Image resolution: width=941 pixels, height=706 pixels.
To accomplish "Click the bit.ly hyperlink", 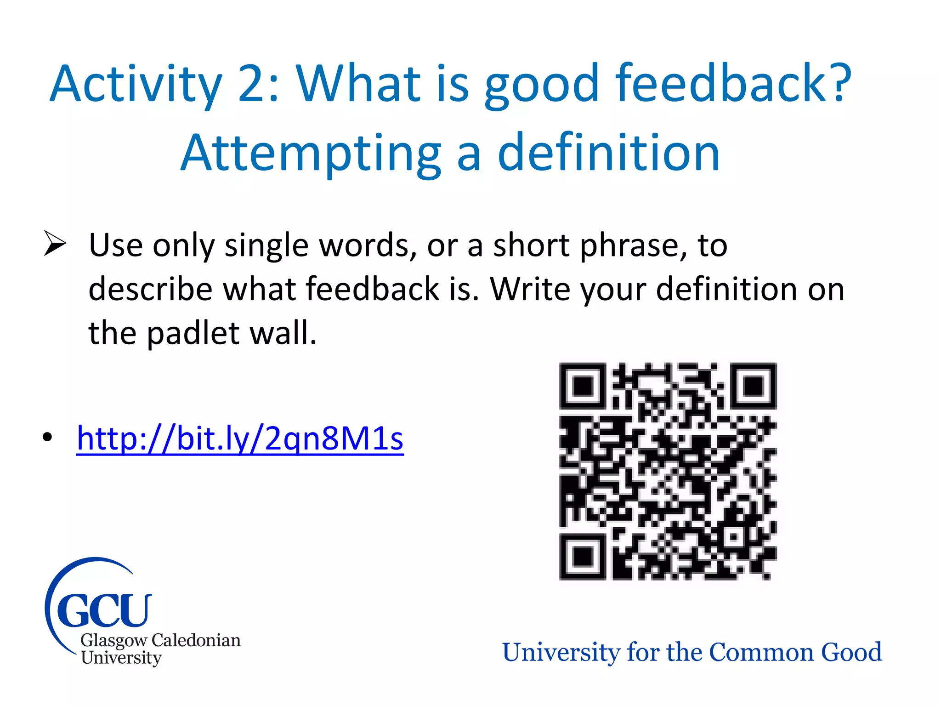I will coord(240,438).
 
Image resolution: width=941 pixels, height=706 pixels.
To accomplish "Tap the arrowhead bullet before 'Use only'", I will coord(55,244).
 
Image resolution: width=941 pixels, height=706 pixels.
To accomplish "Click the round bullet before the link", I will coord(47,437).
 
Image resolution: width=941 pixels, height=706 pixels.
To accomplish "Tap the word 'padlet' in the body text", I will coord(193,333).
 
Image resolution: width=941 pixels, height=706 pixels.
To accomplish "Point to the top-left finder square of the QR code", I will coord(582,386).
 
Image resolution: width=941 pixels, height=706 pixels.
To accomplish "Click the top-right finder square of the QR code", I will coord(754,386).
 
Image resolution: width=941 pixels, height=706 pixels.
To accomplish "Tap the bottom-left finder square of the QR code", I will coord(582,557).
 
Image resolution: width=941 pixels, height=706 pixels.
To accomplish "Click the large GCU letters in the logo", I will coord(104,610).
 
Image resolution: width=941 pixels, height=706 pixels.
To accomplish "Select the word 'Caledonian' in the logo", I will coord(196,640).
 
